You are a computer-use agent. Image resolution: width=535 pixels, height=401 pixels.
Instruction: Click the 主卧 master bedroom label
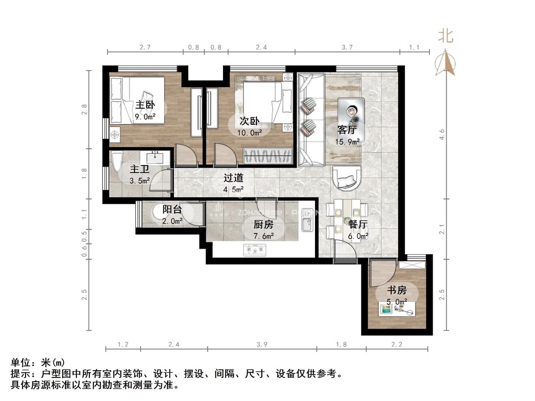click(146, 105)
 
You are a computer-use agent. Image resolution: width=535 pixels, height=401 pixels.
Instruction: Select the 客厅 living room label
click(347, 130)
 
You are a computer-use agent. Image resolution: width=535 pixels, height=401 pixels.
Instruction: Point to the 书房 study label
click(396, 290)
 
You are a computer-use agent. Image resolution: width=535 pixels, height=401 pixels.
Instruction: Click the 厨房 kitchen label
click(263, 225)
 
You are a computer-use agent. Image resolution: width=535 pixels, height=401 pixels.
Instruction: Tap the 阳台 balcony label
click(172, 209)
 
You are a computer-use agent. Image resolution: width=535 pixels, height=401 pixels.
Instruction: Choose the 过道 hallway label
click(234, 178)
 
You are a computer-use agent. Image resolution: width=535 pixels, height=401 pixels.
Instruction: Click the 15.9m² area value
click(347, 141)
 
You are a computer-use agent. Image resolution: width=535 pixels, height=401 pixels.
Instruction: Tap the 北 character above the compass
click(446, 36)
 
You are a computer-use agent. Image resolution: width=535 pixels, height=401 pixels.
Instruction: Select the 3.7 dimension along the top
click(347, 47)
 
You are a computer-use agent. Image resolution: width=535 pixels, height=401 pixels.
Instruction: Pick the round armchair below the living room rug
click(346, 178)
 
